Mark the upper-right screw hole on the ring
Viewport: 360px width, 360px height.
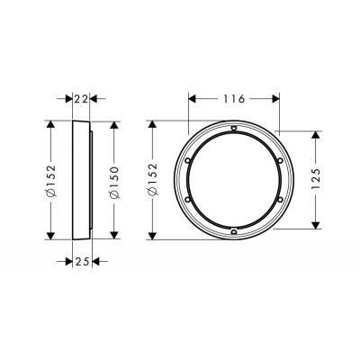click(279, 163)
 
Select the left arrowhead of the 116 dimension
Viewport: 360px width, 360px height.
click(191, 95)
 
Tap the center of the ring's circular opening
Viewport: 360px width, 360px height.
click(234, 180)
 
